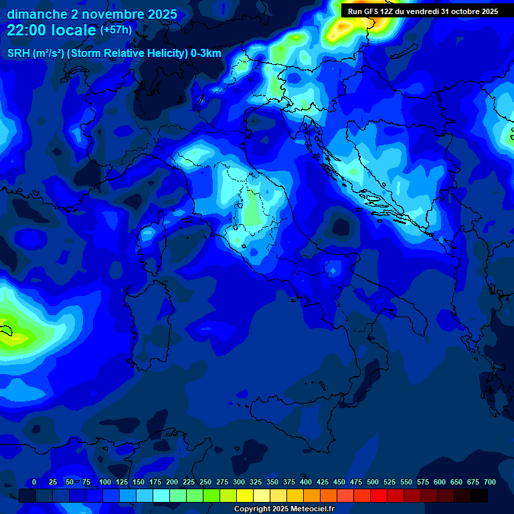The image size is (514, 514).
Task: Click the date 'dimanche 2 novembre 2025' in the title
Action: click(92, 14)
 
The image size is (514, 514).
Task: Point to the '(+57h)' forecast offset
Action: click(116, 30)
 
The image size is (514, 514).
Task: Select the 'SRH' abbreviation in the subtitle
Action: click(19, 54)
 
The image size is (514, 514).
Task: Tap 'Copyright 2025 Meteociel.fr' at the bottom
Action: click(284, 509)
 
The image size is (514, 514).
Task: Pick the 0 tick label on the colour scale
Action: click(34, 482)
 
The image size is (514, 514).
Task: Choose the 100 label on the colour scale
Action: click(104, 482)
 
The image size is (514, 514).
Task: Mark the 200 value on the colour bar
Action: click(172, 482)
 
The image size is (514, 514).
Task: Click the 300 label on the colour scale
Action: click(239, 482)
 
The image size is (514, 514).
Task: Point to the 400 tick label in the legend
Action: click(306, 482)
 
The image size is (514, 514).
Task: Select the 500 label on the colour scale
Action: click(373, 482)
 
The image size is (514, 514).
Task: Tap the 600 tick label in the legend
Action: click(440, 482)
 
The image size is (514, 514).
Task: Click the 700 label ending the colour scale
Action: click(490, 482)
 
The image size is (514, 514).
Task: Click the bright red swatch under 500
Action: click(379, 495)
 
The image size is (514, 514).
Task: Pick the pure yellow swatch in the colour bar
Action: click(245, 495)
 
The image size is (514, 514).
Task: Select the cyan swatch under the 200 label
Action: click(161, 495)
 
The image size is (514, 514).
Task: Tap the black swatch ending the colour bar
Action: click(479, 495)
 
